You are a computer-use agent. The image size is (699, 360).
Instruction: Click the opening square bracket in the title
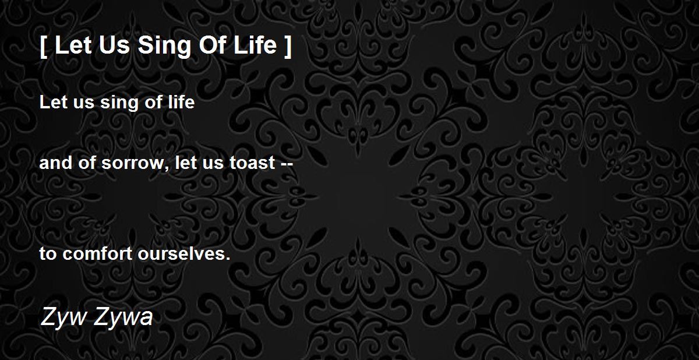pyautogui.click(x=44, y=47)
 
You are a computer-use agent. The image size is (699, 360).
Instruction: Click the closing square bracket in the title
pyautogui.click(x=288, y=47)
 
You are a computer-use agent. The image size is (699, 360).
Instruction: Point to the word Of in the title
pyautogui.click(x=213, y=45)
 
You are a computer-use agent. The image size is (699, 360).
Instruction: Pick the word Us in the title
pyautogui.click(x=114, y=45)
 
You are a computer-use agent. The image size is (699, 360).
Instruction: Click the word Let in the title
pyautogui.click(x=73, y=45)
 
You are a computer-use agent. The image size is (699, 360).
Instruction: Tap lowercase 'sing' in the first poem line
pyautogui.click(x=119, y=103)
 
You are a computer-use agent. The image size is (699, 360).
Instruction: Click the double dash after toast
pyautogui.click(x=287, y=165)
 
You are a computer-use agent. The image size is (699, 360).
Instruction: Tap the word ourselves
pyautogui.click(x=181, y=253)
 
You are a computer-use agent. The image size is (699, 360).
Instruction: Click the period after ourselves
pyautogui.click(x=228, y=258)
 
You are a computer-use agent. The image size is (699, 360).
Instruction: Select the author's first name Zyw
pyautogui.click(x=63, y=317)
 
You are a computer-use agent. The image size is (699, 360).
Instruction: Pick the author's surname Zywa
pyautogui.click(x=123, y=317)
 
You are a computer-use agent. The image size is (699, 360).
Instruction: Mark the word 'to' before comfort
pyautogui.click(x=48, y=254)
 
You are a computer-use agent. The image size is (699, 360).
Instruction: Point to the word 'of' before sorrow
pyautogui.click(x=87, y=163)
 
